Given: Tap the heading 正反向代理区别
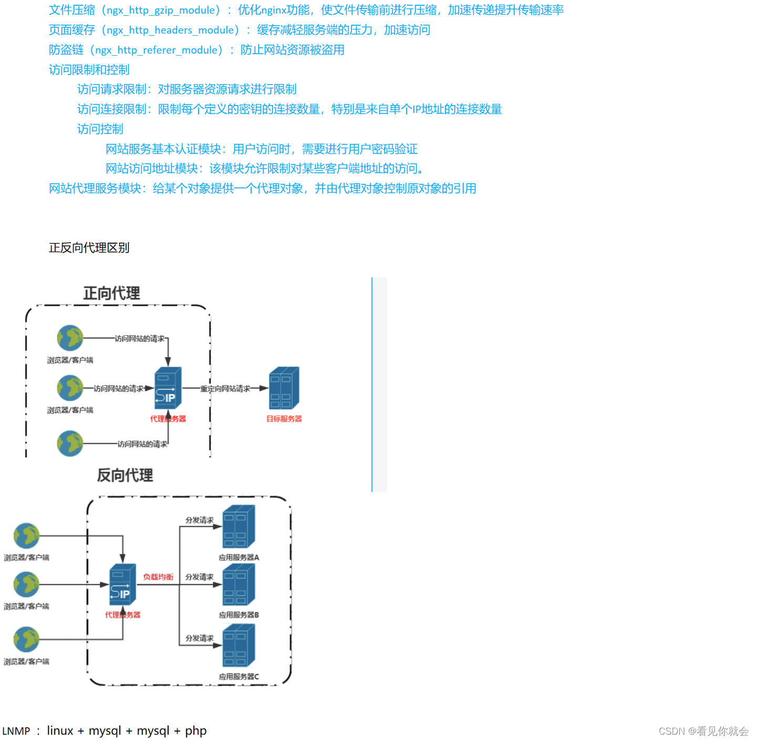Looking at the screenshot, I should pyautogui.click(x=89, y=248).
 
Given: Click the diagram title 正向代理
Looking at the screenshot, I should pyautogui.click(x=111, y=293).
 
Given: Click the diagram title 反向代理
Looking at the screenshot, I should pyautogui.click(x=125, y=475).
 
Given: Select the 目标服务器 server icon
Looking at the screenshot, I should pyautogui.click(x=284, y=388).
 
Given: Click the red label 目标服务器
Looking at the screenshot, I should pyautogui.click(x=284, y=419).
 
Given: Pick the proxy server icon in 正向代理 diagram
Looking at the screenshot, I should pyautogui.click(x=168, y=388).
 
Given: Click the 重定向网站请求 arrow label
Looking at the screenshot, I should pyautogui.click(x=225, y=389).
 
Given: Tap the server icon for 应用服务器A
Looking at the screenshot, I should pyautogui.click(x=238, y=526).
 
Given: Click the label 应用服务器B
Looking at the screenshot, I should pyautogui.click(x=238, y=614).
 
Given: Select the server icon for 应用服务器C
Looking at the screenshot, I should pyautogui.click(x=238, y=645).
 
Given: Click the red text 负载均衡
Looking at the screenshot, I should pyautogui.click(x=158, y=577).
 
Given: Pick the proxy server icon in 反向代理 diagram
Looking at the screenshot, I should pyautogui.click(x=122, y=585).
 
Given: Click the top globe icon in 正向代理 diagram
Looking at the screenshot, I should pyautogui.click(x=70, y=338).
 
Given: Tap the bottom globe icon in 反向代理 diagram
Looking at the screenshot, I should pyautogui.click(x=26, y=639).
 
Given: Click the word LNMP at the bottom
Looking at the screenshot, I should pyautogui.click(x=16, y=731).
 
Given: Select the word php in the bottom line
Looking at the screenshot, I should pyautogui.click(x=195, y=730).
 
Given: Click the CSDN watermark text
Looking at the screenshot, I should pyautogui.click(x=703, y=731).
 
